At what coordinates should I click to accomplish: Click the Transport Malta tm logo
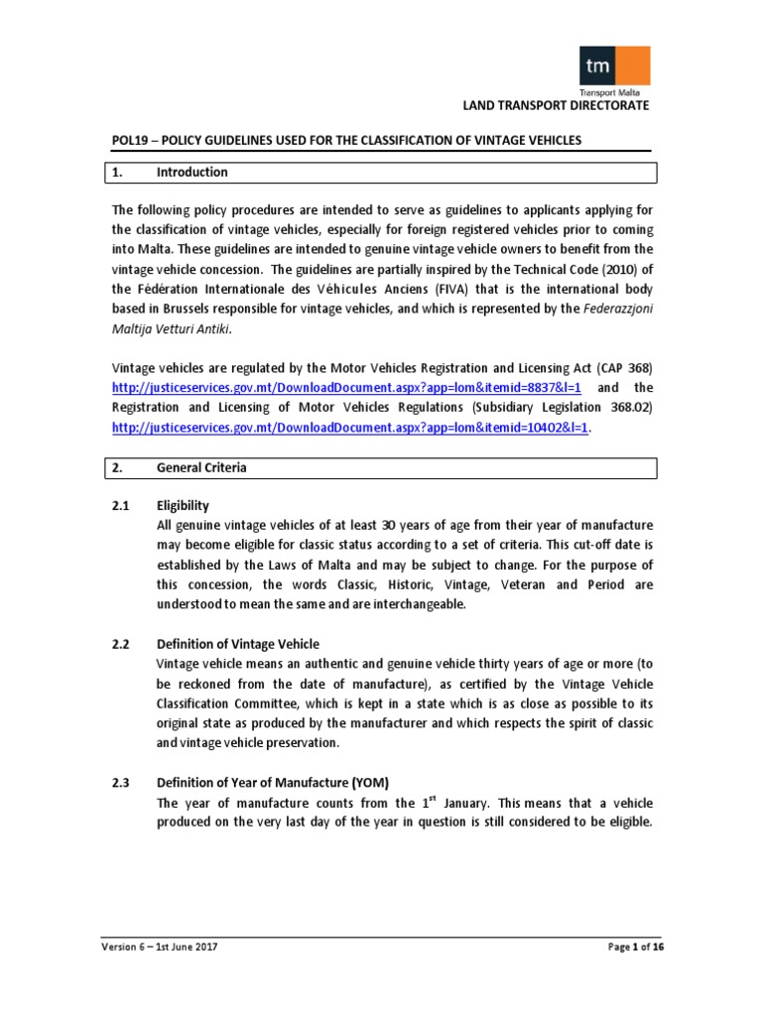pyautogui.click(x=615, y=67)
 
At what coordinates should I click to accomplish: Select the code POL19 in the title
pyautogui.click(x=129, y=140)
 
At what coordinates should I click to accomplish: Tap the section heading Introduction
pyautogui.click(x=191, y=173)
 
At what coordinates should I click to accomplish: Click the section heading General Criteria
pyautogui.click(x=201, y=467)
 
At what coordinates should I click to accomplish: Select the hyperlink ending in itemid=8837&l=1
pyautogui.click(x=346, y=387)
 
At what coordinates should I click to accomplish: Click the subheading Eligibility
pyautogui.click(x=183, y=505)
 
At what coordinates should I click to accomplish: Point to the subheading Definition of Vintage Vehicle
pyautogui.click(x=238, y=644)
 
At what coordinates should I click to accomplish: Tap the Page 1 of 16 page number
pyautogui.click(x=634, y=947)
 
